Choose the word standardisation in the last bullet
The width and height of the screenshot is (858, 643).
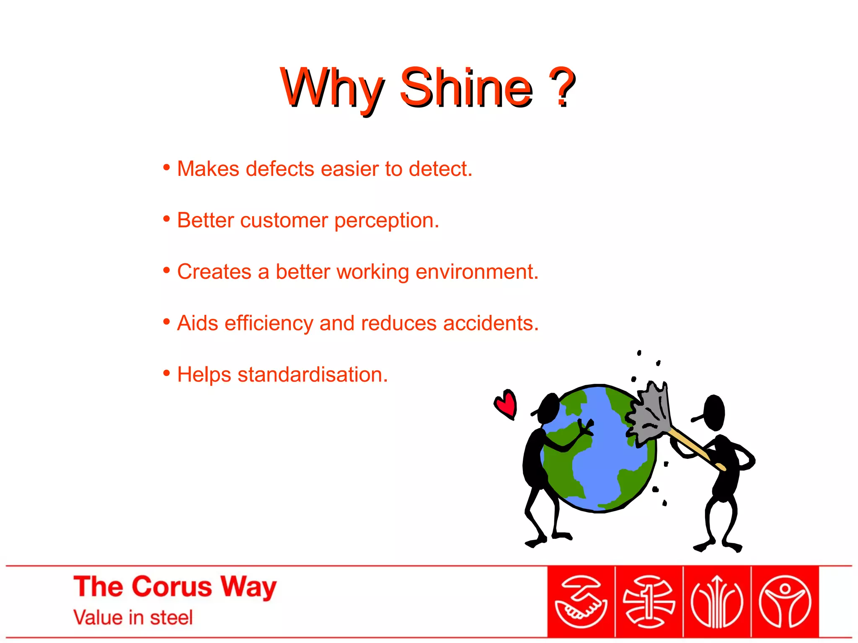pos(313,375)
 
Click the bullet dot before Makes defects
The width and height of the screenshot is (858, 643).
pos(167,168)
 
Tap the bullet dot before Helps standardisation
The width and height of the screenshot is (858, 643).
pos(167,373)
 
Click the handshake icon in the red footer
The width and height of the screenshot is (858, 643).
pos(581,602)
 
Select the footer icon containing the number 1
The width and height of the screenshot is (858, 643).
pos(649,602)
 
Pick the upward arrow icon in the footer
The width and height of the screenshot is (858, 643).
pos(717,602)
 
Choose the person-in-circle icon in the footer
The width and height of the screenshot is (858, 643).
pos(785,602)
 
